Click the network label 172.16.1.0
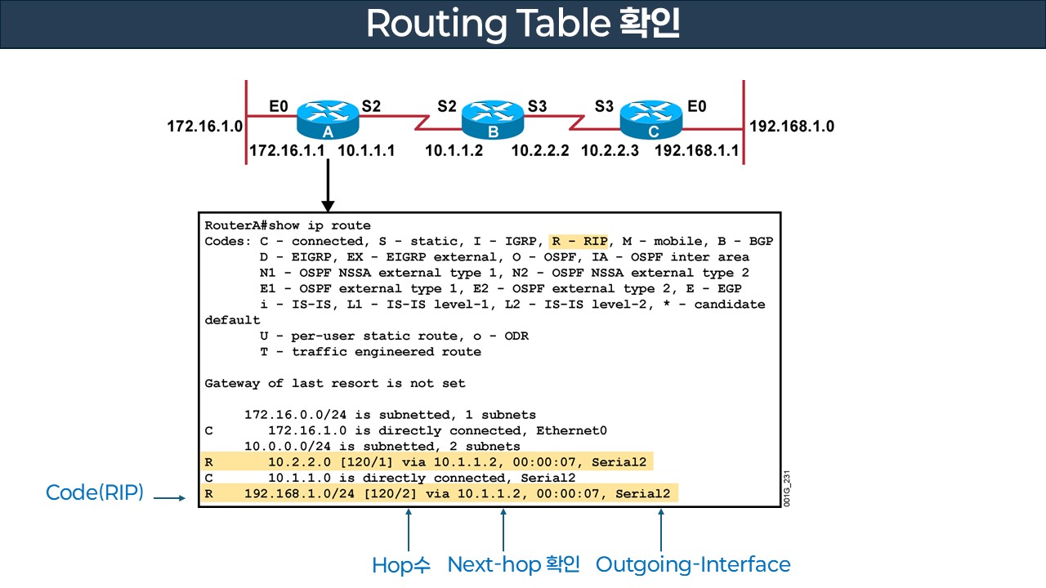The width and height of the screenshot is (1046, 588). tap(205, 127)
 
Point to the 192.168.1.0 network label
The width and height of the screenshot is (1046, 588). tap(792, 127)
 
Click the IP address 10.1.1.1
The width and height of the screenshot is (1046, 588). tap(366, 150)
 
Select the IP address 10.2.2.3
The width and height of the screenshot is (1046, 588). tap(610, 150)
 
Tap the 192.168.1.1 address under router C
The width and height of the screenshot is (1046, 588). tap(696, 150)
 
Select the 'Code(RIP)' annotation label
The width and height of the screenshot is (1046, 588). tap(95, 492)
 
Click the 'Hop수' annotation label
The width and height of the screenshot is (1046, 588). tap(400, 564)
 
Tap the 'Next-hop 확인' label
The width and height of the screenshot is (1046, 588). tap(513, 564)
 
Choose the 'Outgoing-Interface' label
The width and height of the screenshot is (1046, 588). tap(693, 564)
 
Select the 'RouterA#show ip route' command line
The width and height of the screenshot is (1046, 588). tap(288, 225)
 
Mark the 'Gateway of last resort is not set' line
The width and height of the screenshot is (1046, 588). tap(335, 383)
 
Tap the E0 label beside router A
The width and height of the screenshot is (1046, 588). tap(279, 105)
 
